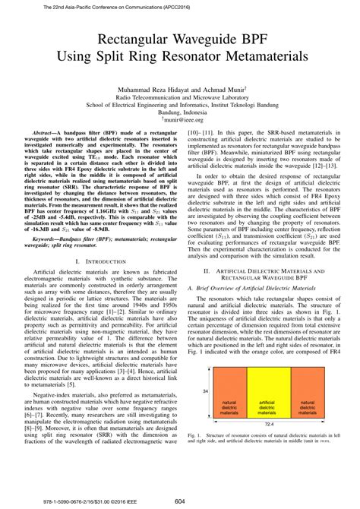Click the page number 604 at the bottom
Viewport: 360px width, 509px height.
180,501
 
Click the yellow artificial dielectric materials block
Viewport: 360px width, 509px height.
267,406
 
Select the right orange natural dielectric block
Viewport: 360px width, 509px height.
308,406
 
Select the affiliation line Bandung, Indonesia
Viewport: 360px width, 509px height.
180,112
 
